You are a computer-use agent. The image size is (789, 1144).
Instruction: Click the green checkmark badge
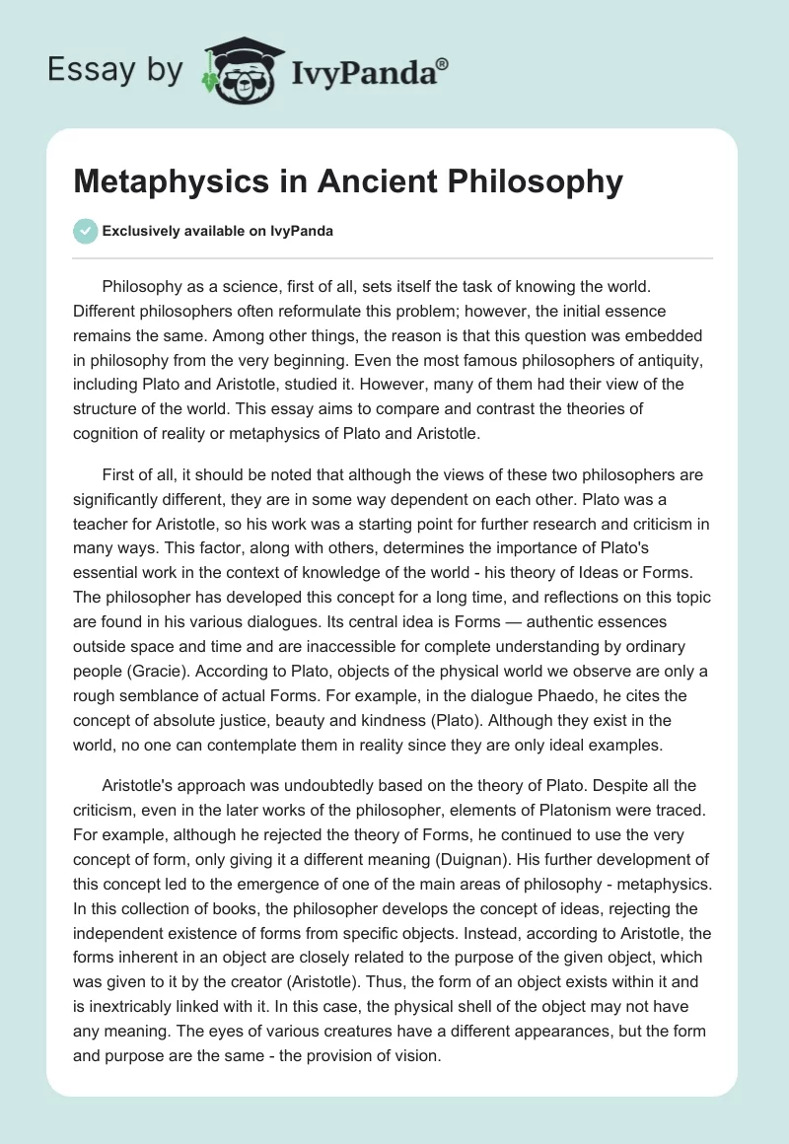click(x=85, y=231)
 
